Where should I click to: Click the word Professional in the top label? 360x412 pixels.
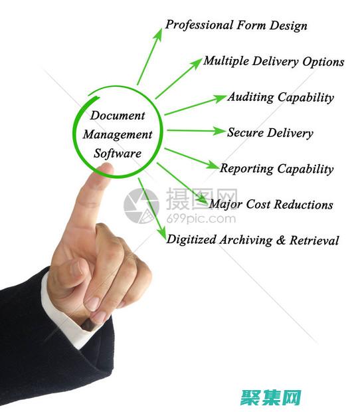[x=199, y=25]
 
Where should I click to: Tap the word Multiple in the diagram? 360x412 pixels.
[x=226, y=61]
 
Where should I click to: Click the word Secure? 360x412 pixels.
[x=245, y=132]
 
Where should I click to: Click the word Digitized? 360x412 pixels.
[x=191, y=240]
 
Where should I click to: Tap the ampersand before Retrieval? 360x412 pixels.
[x=281, y=240]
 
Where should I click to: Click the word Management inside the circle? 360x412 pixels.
[x=118, y=135]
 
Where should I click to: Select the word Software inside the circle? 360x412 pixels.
[x=118, y=154]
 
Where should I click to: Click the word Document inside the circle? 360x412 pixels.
[x=118, y=116]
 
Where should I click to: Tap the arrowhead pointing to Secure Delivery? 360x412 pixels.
[x=219, y=131]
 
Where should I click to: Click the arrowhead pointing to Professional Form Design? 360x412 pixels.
[x=158, y=35]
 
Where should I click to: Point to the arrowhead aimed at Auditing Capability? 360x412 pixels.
[x=219, y=98]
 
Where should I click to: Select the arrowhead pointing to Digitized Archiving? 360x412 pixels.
[x=162, y=234]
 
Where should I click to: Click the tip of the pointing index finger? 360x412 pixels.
[x=106, y=165]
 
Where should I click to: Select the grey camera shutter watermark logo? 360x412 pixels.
[x=141, y=206]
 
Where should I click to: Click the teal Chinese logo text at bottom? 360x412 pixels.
[x=271, y=397]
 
